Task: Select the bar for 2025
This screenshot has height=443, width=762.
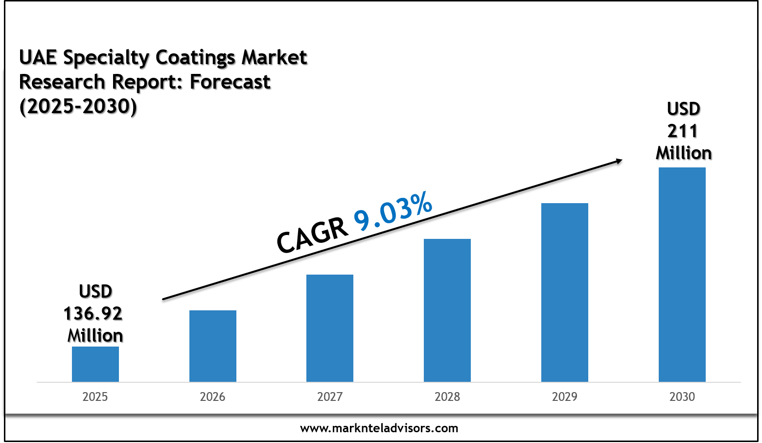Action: pos(95,364)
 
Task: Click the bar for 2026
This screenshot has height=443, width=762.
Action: pos(212,346)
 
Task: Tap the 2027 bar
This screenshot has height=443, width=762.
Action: pos(329,328)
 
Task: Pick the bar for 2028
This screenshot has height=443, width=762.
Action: pos(447,310)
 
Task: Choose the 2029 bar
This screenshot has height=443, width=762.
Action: pos(564,292)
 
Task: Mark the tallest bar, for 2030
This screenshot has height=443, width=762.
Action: pos(682,275)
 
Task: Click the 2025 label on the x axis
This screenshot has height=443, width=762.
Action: pos(95,396)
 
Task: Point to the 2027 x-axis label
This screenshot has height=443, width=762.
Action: pos(329,396)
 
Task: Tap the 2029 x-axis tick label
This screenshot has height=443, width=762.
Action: pos(564,396)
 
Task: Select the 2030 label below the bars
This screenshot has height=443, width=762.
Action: pos(682,396)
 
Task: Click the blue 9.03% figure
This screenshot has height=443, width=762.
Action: pos(393,211)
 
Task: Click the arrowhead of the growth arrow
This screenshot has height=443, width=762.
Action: pos(619,160)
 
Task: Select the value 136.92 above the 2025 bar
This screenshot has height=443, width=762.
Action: pos(93,314)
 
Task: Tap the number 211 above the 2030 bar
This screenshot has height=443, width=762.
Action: pos(683,131)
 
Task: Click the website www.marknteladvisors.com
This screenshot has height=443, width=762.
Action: pos(379,428)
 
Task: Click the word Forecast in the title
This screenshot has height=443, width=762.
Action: pos(230,82)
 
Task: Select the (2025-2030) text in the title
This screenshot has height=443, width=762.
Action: pos(78,106)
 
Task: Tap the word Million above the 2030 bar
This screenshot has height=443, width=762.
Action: pos(683,153)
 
